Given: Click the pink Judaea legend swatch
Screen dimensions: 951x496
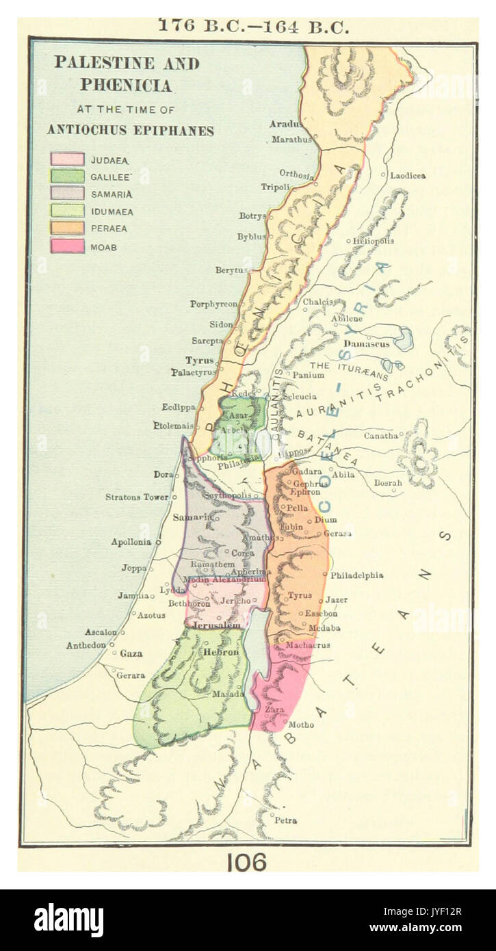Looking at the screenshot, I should click(67, 159).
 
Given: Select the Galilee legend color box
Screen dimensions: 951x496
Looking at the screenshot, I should click(67, 177).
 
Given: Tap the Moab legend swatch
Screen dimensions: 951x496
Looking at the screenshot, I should click(67, 246).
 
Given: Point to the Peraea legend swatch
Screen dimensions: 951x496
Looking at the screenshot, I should click(67, 229).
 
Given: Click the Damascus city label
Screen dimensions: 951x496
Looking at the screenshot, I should click(367, 343).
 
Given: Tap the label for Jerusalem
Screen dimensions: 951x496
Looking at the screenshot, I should click(216, 625).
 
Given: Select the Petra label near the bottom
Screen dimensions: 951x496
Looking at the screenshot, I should click(285, 820).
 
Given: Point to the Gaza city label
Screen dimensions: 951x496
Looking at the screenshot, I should click(131, 653).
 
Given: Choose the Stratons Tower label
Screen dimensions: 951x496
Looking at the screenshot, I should click(136, 497).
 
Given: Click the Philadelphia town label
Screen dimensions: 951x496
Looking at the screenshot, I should click(356, 575).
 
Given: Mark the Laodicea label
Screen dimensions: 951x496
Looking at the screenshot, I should click(408, 176).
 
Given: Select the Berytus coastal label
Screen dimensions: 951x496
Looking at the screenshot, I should click(230, 270).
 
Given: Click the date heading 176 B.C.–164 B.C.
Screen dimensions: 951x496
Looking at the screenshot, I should click(254, 26).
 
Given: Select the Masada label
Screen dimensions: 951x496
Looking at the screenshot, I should click(229, 694).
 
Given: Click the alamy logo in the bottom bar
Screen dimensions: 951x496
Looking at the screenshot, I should click(68, 920).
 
